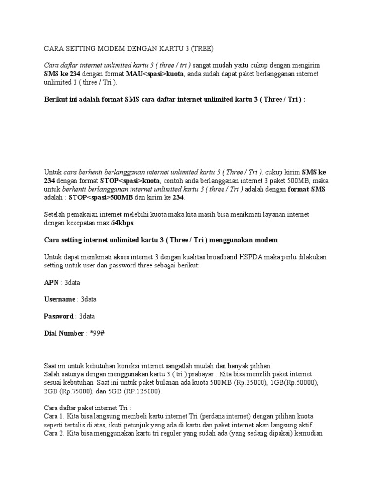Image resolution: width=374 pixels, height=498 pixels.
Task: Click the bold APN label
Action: click(x=51, y=282)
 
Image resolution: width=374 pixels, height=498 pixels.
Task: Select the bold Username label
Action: click(x=60, y=299)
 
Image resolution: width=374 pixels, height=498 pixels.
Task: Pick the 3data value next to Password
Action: click(x=87, y=316)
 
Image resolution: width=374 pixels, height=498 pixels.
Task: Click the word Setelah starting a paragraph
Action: click(x=55, y=214)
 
